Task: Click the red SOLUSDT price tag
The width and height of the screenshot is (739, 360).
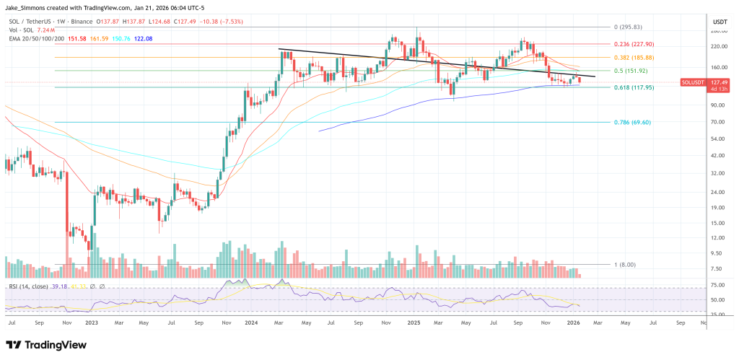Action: (694, 82)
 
